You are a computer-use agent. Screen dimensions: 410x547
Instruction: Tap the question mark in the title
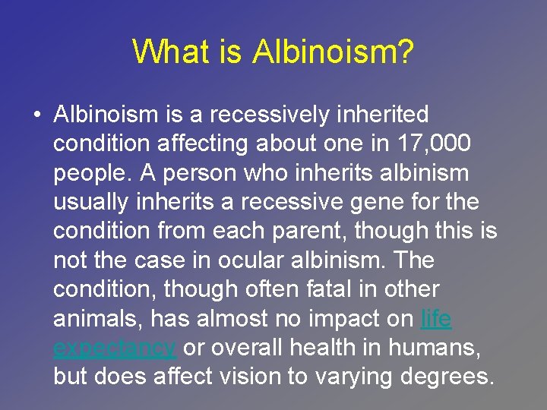pyautogui.click(x=404, y=52)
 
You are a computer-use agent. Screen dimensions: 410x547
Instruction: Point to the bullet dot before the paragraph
pyautogui.click(x=37, y=115)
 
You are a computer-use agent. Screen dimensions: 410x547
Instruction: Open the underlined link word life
pyautogui.click(x=435, y=319)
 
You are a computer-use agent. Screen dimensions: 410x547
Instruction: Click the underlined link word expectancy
pyautogui.click(x=115, y=348)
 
